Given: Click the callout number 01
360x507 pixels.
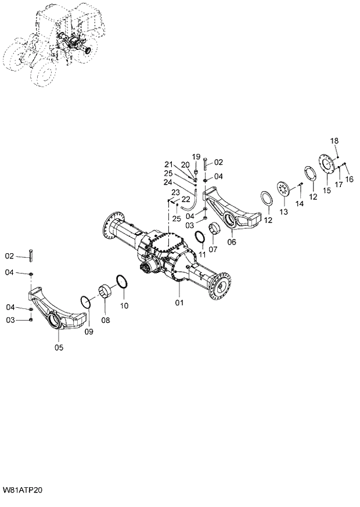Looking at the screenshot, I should (x=179, y=303).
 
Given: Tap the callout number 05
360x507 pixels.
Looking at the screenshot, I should (x=59, y=348).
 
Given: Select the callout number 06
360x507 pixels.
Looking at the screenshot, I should (x=232, y=242).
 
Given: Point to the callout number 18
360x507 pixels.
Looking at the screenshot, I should (x=335, y=141).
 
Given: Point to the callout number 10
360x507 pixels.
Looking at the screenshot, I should (x=125, y=305).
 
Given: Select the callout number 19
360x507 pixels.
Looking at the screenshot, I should (x=196, y=157).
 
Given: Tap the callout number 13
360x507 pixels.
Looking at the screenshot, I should (x=283, y=213).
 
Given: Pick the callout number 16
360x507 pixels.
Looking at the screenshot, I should (x=350, y=179).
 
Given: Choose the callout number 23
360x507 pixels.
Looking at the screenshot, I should (x=175, y=192).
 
